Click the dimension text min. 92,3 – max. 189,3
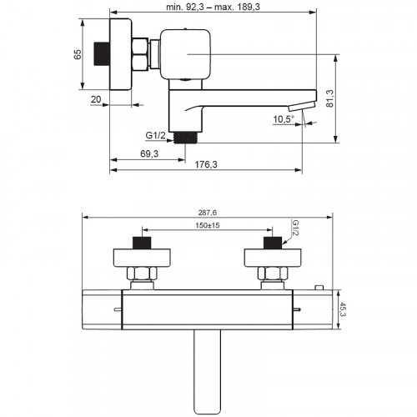pos(213,7)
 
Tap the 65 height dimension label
pos(78,54)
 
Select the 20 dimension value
pos(96,99)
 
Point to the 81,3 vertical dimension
pos(330,98)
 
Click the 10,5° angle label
pos(284,119)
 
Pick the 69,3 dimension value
pos(149,153)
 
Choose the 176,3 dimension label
pos(206,164)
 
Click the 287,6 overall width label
pos(208,213)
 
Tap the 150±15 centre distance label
pos(208,225)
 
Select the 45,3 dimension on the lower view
pos(342,309)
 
